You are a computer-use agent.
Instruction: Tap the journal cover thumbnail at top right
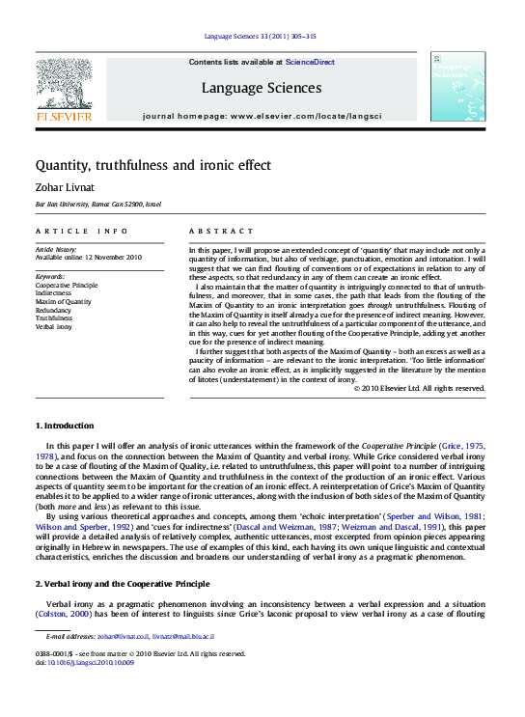tap(456, 87)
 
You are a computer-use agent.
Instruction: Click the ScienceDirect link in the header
tap(309, 62)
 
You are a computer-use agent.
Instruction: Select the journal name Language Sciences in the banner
tap(262, 88)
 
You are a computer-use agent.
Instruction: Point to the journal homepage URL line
tap(262, 115)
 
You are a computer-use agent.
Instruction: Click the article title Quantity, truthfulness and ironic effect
tap(153, 165)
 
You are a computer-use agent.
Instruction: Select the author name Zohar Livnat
tap(64, 188)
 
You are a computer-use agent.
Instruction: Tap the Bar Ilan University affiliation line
tap(92, 206)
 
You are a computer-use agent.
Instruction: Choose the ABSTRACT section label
tap(220, 232)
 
